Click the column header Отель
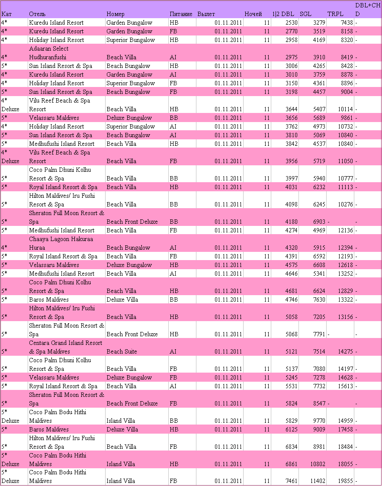pos(37,14)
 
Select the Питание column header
pos(181,14)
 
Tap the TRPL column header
pos(335,14)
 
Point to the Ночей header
pos(253,14)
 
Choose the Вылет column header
pos(206,14)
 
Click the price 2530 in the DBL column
pos(292,23)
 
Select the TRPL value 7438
pos(347,23)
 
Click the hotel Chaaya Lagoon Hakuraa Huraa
pos(61,243)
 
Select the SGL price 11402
pos(318,481)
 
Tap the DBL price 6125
pos(292,429)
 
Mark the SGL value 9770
pos(319,421)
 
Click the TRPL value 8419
pos(347,57)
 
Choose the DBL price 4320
pos(292,248)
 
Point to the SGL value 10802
pos(318,464)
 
